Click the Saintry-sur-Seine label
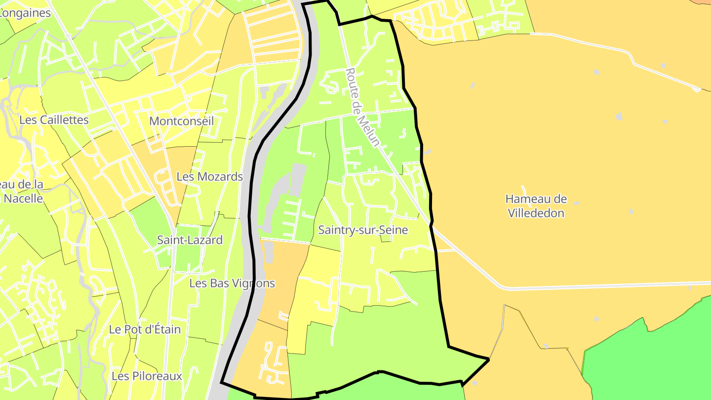pos(363,230)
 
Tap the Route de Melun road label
pos(363,107)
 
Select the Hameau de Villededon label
pos(536,206)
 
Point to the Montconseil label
pos(181,121)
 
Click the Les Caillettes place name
pos(54,120)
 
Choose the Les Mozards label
pos(210,176)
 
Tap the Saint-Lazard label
pos(190,240)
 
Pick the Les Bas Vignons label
pos(232,283)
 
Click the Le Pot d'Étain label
pos(145,329)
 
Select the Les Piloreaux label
pos(147,376)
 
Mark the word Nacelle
pos(23,199)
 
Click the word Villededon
pos(536,213)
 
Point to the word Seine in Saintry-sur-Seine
pos(394,230)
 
